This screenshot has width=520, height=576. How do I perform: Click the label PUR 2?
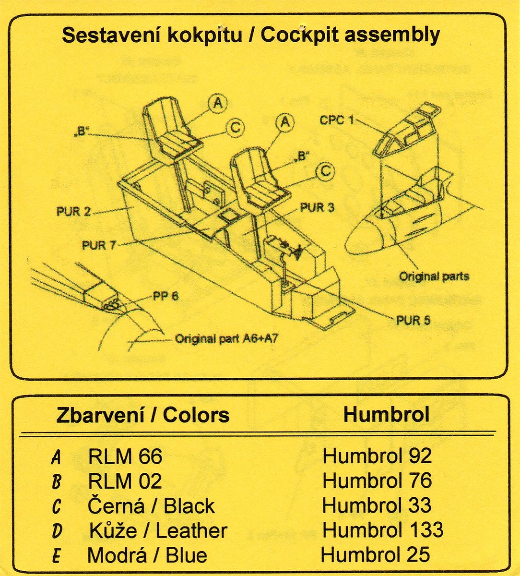[73, 212]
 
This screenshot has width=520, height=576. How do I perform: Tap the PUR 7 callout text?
[99, 245]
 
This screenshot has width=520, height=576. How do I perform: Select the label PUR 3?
[317, 208]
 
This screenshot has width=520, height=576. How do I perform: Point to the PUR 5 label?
[413, 320]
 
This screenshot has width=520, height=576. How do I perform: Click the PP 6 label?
[165, 296]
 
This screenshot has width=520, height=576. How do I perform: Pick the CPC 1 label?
[336, 120]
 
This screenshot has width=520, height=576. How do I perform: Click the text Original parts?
[434, 276]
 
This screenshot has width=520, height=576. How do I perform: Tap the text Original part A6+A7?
[226, 339]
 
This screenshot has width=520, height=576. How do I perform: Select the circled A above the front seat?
[285, 122]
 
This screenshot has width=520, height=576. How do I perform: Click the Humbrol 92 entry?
[377, 456]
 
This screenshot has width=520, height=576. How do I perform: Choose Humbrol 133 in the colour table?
[383, 530]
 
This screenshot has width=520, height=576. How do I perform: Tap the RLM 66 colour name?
[125, 456]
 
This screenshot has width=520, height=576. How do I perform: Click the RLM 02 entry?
[125, 481]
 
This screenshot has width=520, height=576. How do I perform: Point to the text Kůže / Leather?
[158, 531]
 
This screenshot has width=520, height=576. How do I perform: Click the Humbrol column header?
[386, 415]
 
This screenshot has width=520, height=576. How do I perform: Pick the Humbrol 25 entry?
[375, 554]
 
